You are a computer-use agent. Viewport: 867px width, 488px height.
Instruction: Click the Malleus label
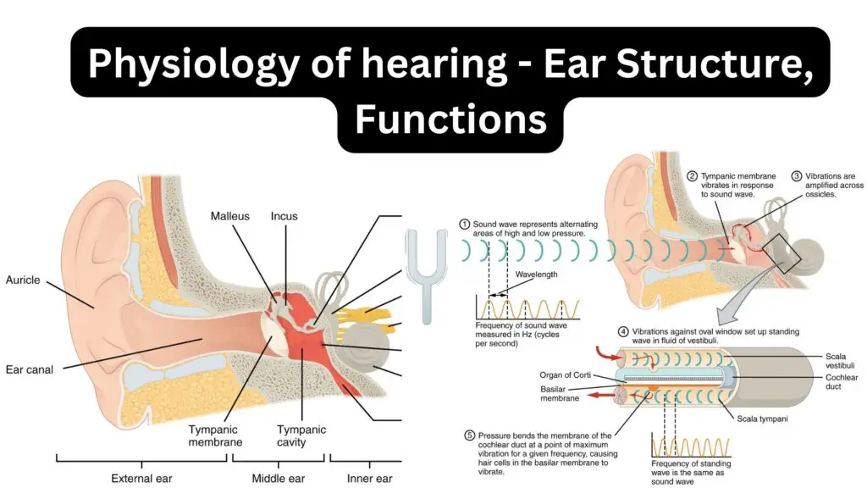229,216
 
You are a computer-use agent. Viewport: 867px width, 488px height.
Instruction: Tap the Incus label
284,216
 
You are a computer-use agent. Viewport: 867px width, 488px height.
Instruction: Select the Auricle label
23,280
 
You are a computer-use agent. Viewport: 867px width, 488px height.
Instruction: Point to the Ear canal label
30,369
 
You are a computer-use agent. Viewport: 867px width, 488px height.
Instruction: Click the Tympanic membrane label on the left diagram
215,436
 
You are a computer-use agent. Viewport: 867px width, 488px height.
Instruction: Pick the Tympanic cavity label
301,436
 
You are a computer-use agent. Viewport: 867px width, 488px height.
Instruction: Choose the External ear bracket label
141,479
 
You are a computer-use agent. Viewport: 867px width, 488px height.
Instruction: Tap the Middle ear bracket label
278,479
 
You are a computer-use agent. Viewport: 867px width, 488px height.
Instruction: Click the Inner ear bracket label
369,479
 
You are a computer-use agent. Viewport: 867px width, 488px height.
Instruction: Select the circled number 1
465,225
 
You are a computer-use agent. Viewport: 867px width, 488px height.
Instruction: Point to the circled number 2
693,176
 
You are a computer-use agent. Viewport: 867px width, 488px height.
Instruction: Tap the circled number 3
796,176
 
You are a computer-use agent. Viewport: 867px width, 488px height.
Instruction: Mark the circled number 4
623,332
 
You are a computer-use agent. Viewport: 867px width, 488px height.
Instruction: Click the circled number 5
469,435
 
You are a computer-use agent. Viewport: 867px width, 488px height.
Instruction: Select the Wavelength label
536,274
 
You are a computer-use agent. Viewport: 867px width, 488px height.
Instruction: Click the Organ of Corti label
565,375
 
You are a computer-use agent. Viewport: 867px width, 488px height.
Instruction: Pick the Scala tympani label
762,419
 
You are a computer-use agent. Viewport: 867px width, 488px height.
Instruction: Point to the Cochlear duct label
842,382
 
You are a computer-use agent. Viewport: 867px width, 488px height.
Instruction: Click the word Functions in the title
450,119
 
